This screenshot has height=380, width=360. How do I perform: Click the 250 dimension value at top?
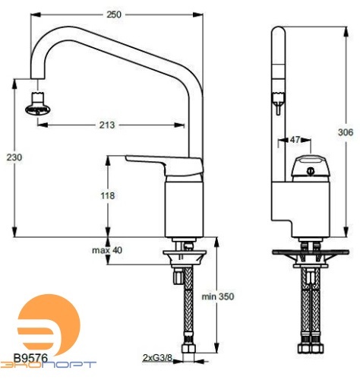[x=113, y=14]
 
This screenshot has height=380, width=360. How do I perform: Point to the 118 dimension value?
[x=107, y=196]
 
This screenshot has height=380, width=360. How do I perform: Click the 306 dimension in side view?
[x=346, y=131]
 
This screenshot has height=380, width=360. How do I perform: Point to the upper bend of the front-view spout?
[x=178, y=38]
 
